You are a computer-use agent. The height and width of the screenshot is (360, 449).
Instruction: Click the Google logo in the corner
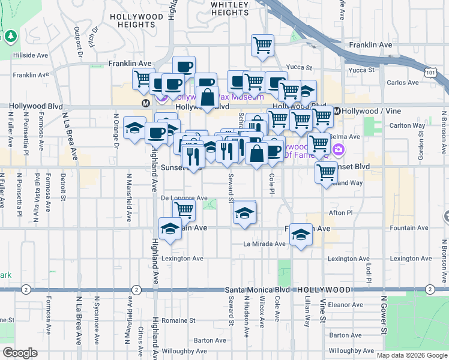(20, 353)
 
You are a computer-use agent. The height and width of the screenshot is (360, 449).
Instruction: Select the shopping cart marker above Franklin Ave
(262, 46)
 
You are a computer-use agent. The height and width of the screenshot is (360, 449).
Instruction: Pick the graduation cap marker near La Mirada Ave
(300, 233)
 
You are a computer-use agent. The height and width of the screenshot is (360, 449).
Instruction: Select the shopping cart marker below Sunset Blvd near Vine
(326, 172)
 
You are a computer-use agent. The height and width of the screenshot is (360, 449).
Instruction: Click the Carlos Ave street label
(403, 83)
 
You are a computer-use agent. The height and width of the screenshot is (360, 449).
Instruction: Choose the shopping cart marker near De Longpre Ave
(184, 209)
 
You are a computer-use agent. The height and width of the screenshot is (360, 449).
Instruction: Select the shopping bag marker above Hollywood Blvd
(207, 97)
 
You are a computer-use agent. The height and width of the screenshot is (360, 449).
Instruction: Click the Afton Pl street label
(341, 212)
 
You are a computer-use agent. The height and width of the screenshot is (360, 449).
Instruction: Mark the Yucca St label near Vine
(363, 70)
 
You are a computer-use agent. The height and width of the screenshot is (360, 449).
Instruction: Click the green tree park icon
(11, 37)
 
